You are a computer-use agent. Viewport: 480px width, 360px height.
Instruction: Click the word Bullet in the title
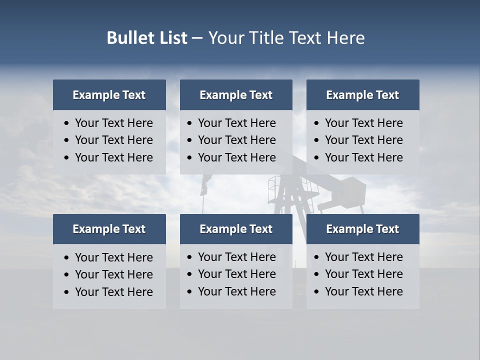(x=130, y=38)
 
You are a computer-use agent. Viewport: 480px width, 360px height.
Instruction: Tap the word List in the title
(x=171, y=38)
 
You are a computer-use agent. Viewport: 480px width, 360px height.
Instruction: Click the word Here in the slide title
(x=345, y=38)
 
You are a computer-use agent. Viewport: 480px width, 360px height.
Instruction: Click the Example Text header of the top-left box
(x=109, y=95)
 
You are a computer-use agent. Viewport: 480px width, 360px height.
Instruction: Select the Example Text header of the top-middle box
(x=236, y=95)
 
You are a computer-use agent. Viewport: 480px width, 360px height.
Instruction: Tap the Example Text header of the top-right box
(x=362, y=95)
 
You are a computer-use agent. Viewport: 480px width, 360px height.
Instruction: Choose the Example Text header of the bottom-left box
(x=109, y=229)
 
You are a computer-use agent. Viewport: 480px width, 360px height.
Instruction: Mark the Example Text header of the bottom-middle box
(x=236, y=229)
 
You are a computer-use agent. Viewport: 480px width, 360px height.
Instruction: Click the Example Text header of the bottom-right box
(x=362, y=229)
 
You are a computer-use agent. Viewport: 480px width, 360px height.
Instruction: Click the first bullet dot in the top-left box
(x=66, y=123)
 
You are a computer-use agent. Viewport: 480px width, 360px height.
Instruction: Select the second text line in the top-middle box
(x=236, y=140)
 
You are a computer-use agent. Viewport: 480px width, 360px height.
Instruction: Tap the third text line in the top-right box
(x=363, y=157)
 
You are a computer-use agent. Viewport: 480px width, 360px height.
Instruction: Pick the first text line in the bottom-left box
(x=113, y=257)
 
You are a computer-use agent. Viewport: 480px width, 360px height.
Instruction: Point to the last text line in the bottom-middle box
(x=236, y=291)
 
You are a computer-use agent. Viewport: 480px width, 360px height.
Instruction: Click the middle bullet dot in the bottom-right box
(x=316, y=274)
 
